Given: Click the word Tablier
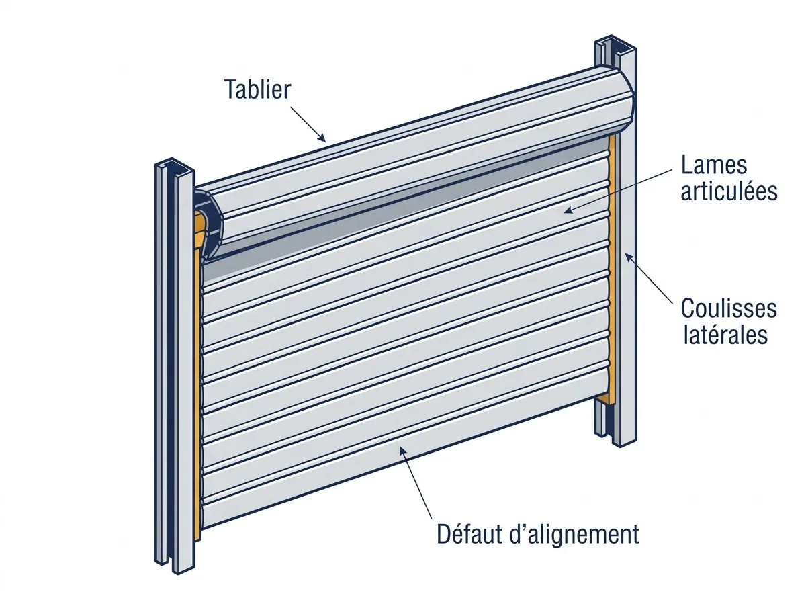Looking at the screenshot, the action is [257, 89].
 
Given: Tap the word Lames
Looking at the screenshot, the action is [714, 165].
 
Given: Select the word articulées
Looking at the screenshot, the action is [729, 191].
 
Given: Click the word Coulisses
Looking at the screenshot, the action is [729, 308].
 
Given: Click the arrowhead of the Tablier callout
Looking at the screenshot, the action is [322, 138].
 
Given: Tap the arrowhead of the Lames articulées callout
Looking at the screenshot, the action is [568, 210].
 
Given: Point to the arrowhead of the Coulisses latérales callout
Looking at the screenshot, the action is [629, 257].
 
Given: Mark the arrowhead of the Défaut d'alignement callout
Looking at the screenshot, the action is [402, 451].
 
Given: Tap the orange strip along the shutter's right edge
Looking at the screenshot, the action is [612, 268].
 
